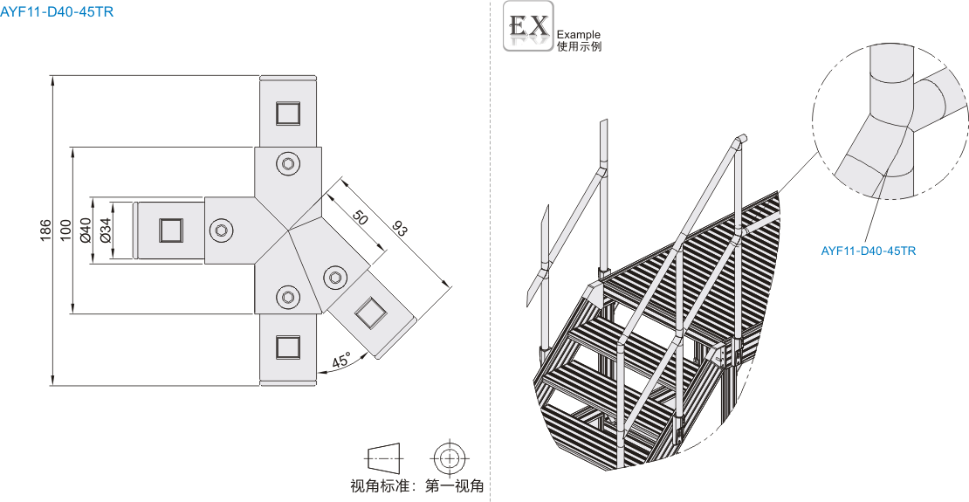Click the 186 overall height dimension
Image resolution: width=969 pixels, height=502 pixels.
[x=46, y=230]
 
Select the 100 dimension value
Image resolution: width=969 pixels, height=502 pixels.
[x=65, y=230]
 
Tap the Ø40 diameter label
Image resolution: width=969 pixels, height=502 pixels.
[x=86, y=230]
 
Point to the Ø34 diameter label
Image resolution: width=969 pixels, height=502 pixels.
[x=105, y=230]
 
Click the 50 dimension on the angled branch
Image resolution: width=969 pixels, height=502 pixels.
[x=361, y=217]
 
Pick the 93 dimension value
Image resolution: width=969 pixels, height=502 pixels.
[x=400, y=230]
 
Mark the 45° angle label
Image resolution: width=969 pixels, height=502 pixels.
[x=341, y=361]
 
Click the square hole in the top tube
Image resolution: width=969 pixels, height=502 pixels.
[x=287, y=113]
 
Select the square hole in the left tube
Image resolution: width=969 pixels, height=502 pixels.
[x=170, y=230]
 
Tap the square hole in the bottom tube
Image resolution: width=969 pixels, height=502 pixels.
[x=287, y=347]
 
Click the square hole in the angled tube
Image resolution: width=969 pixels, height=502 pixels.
[x=370, y=312]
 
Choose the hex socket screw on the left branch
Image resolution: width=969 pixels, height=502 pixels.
[x=221, y=230]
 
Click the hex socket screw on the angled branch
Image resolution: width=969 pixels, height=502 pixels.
[x=335, y=276]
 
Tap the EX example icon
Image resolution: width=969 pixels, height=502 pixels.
[x=528, y=26]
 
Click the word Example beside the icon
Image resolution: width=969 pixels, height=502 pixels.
[x=579, y=35]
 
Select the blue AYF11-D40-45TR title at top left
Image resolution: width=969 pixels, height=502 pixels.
[x=57, y=11]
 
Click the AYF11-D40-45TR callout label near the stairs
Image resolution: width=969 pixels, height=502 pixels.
[x=869, y=251]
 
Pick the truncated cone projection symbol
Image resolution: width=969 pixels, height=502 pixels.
[x=383, y=458]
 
